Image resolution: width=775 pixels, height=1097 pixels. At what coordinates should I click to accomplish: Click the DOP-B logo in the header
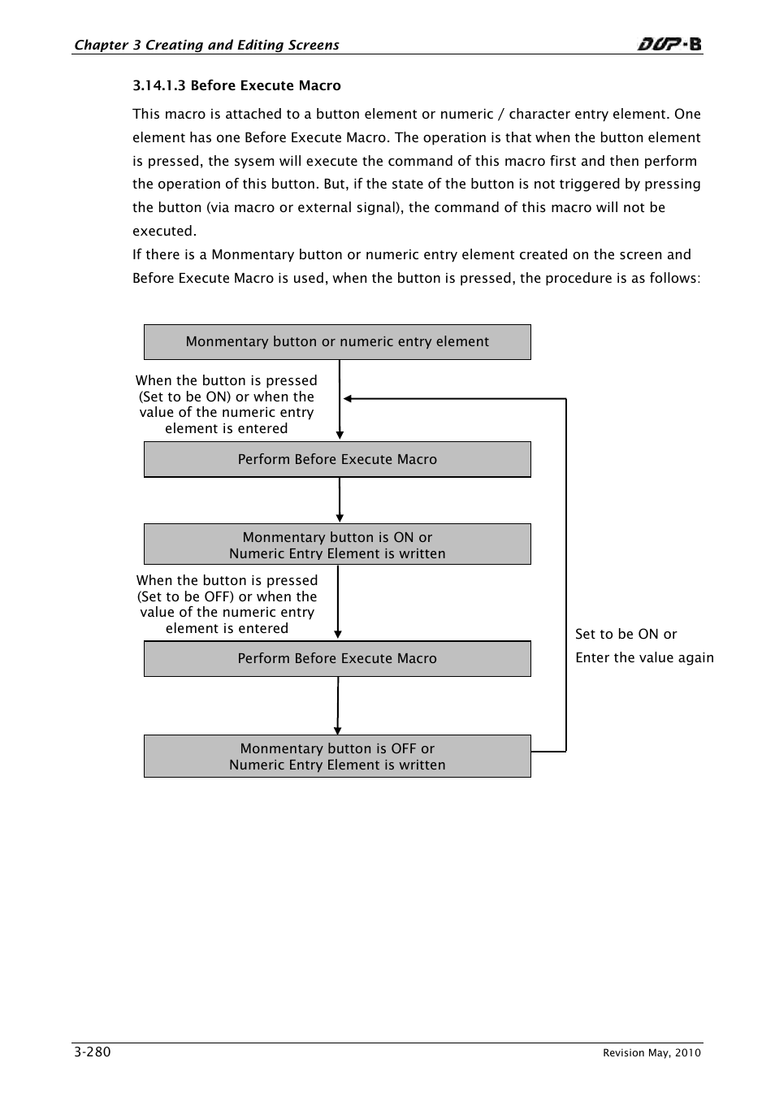tap(669, 44)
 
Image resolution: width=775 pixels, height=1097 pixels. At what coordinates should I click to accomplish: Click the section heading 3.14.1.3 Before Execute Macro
tap(236, 85)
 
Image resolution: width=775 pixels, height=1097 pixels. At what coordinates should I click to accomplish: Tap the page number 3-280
tap(92, 1051)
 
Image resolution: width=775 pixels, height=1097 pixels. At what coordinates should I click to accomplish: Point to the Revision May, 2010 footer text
tap(652, 1053)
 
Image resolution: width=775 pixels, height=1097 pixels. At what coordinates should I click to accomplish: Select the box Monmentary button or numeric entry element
tap(337, 342)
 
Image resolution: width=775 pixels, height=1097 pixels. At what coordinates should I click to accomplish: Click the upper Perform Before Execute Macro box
tap(337, 459)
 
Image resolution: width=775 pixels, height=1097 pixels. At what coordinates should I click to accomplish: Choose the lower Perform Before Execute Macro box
tap(337, 658)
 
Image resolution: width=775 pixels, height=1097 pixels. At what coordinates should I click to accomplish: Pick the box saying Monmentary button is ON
tap(337, 544)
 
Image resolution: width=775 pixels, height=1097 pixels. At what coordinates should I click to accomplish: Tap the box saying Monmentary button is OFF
tap(337, 756)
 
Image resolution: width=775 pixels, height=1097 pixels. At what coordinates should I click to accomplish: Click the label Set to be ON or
tap(626, 634)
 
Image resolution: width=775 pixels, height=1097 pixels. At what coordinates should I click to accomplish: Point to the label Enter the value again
tap(644, 657)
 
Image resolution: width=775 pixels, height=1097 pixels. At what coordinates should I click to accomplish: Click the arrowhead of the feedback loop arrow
tap(348, 399)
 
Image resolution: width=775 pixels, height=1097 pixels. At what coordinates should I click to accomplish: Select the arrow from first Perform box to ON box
tap(340, 501)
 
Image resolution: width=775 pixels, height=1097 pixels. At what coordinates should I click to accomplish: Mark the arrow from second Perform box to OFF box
tap(338, 705)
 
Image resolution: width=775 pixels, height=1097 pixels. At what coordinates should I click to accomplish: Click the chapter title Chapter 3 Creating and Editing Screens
tap(206, 45)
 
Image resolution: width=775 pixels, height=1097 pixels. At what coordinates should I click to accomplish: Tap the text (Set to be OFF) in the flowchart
tap(185, 596)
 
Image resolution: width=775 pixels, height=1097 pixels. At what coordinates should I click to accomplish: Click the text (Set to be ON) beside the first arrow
tap(185, 397)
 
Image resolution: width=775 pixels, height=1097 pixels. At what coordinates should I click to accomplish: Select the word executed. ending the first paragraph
tap(164, 231)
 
